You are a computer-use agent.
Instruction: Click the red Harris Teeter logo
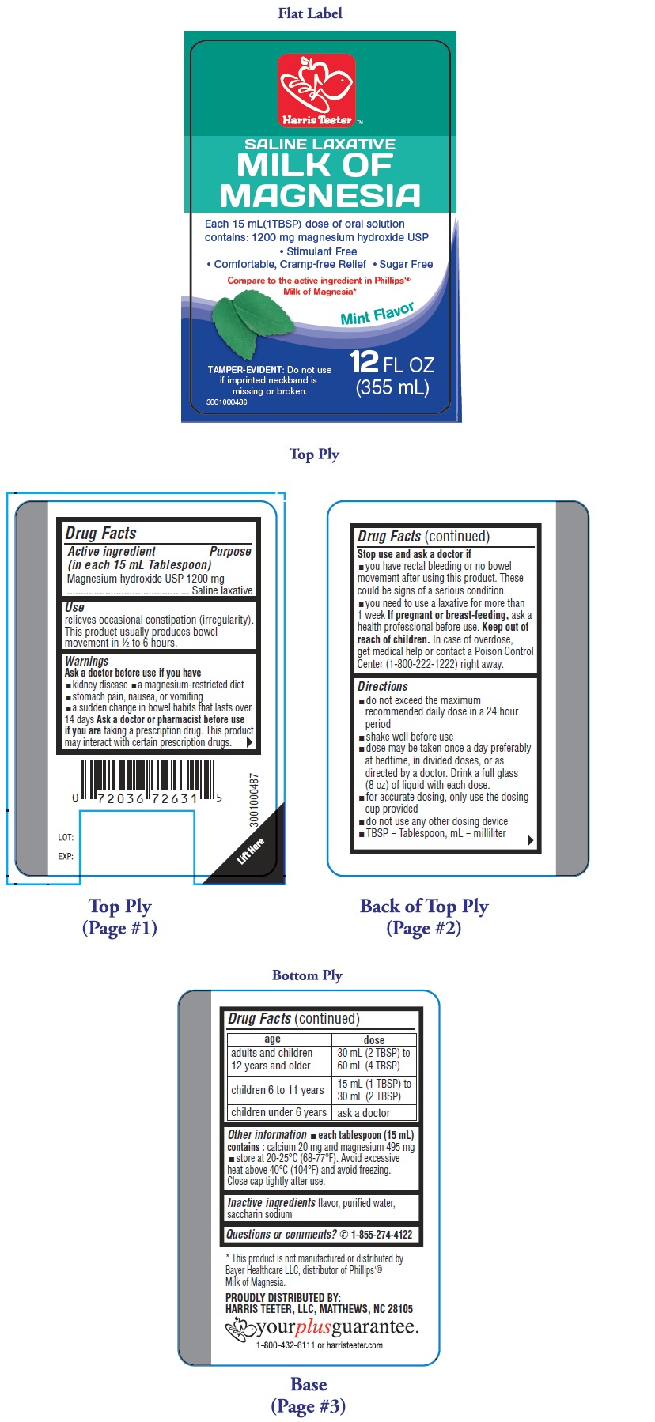[x=316, y=90]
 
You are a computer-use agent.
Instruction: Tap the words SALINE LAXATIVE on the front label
[x=320, y=144]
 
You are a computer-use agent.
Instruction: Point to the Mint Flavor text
[x=377, y=314]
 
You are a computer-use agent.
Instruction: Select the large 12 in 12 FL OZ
[x=364, y=362]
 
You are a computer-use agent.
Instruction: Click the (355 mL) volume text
[x=392, y=387]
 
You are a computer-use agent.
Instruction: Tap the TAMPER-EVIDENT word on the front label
[x=245, y=369]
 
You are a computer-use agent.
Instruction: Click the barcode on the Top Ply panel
[x=148, y=783]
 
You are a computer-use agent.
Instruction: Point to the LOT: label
[x=66, y=837]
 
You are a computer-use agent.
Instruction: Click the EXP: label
[x=66, y=856]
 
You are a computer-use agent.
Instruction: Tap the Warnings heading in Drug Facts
[x=87, y=661]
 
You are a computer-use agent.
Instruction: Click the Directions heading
[x=383, y=687]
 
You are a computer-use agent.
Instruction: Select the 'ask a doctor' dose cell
[x=364, y=1112]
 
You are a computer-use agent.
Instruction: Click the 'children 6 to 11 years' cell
[x=278, y=1090]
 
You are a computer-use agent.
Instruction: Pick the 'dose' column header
[x=374, y=1040]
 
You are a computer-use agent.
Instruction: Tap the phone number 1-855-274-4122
[x=382, y=1234]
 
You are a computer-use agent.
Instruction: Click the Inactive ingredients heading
[x=271, y=1202]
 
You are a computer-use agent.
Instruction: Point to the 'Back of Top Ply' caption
[x=424, y=906]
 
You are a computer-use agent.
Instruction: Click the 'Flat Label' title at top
[x=310, y=13]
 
